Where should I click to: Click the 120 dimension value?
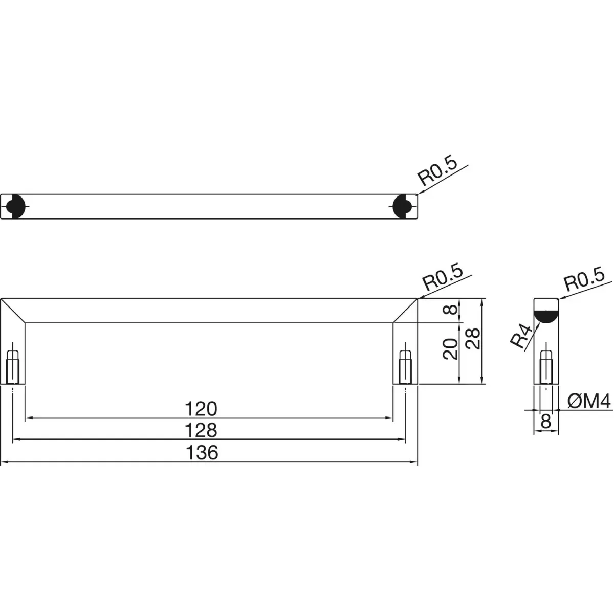pos(201,409)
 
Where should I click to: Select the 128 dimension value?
pos(201,430)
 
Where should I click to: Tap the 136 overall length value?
pos(202,452)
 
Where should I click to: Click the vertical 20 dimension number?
pos(451,349)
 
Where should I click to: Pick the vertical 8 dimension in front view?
pos(451,310)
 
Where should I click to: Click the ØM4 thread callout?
pos(589,401)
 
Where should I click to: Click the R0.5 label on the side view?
pos(584,279)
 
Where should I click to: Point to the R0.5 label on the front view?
pos(442,277)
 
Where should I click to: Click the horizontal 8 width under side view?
pos(546,422)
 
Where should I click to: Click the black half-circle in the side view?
pos(546,317)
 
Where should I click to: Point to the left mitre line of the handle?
pos(13,311)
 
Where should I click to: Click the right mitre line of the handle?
pos(405,311)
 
